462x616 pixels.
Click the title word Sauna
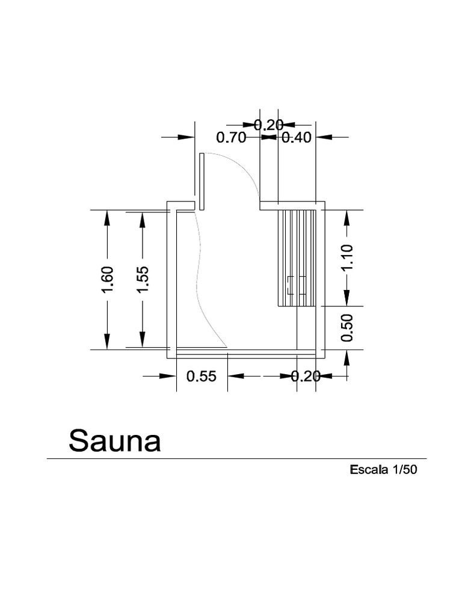click(115, 441)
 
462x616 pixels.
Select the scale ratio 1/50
click(404, 470)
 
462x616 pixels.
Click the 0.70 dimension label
click(231, 137)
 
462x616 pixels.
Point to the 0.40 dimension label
click(297, 137)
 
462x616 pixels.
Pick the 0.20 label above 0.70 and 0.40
click(268, 125)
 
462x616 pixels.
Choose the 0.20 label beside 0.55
click(306, 377)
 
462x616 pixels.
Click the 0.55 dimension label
click(202, 377)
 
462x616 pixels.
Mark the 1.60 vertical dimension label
click(107, 280)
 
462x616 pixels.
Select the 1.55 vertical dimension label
click(143, 280)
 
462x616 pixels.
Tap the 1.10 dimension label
click(347, 257)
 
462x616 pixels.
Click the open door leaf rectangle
click(202, 182)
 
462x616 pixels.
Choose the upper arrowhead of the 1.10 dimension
click(347, 217)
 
